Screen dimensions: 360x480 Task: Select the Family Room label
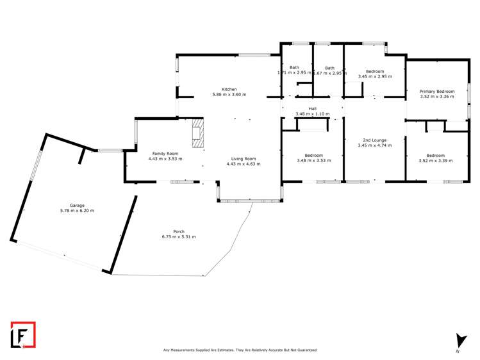(165, 154)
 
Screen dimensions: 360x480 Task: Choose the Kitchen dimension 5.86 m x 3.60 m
(229, 94)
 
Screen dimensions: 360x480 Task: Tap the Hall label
(312, 109)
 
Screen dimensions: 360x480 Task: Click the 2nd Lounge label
(375, 140)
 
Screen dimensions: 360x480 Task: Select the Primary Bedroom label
(436, 92)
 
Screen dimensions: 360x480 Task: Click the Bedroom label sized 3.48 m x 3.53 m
(313, 155)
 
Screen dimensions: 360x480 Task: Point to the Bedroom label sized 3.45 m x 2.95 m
(375, 71)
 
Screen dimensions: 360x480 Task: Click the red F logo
(23, 334)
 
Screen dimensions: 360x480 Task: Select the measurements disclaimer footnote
(240, 350)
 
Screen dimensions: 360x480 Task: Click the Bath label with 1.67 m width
(329, 68)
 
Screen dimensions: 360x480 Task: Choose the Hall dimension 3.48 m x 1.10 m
(312, 114)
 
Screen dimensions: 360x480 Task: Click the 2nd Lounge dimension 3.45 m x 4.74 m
(375, 145)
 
